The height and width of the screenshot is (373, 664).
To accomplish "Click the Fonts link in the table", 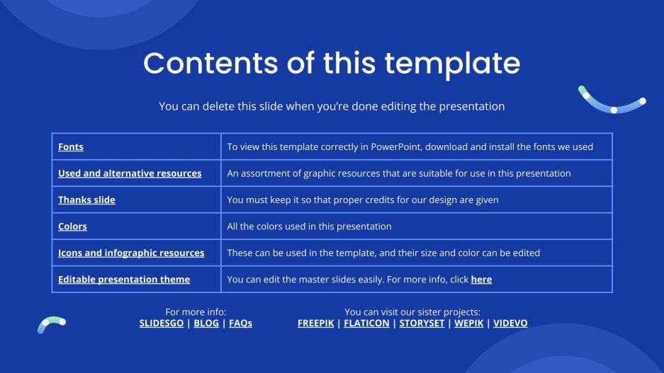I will pyautogui.click(x=71, y=147).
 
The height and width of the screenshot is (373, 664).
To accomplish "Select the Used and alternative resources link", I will pyautogui.click(x=130, y=173).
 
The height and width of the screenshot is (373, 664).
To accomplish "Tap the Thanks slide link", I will pyautogui.click(x=86, y=200).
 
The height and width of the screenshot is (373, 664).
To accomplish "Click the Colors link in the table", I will pyautogui.click(x=72, y=226).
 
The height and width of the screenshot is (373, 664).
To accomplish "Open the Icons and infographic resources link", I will pyautogui.click(x=131, y=253).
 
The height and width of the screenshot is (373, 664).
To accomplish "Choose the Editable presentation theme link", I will pyautogui.click(x=124, y=280).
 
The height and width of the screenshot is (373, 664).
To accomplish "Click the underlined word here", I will pyautogui.click(x=481, y=280).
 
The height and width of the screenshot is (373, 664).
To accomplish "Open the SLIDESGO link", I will pyautogui.click(x=160, y=323).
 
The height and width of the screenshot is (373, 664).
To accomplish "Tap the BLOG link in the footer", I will pyautogui.click(x=206, y=323).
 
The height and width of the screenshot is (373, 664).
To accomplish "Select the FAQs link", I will pyautogui.click(x=240, y=323).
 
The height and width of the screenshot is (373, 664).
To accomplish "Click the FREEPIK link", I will pyautogui.click(x=315, y=323).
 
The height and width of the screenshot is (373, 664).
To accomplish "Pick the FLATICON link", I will pyautogui.click(x=366, y=323).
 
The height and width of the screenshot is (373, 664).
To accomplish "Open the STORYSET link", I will pyautogui.click(x=422, y=323).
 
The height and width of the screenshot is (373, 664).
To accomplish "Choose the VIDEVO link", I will pyautogui.click(x=510, y=323).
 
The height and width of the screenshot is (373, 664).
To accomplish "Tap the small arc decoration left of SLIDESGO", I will pyautogui.click(x=51, y=323).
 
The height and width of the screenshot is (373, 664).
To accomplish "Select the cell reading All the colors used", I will pyautogui.click(x=309, y=226).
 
